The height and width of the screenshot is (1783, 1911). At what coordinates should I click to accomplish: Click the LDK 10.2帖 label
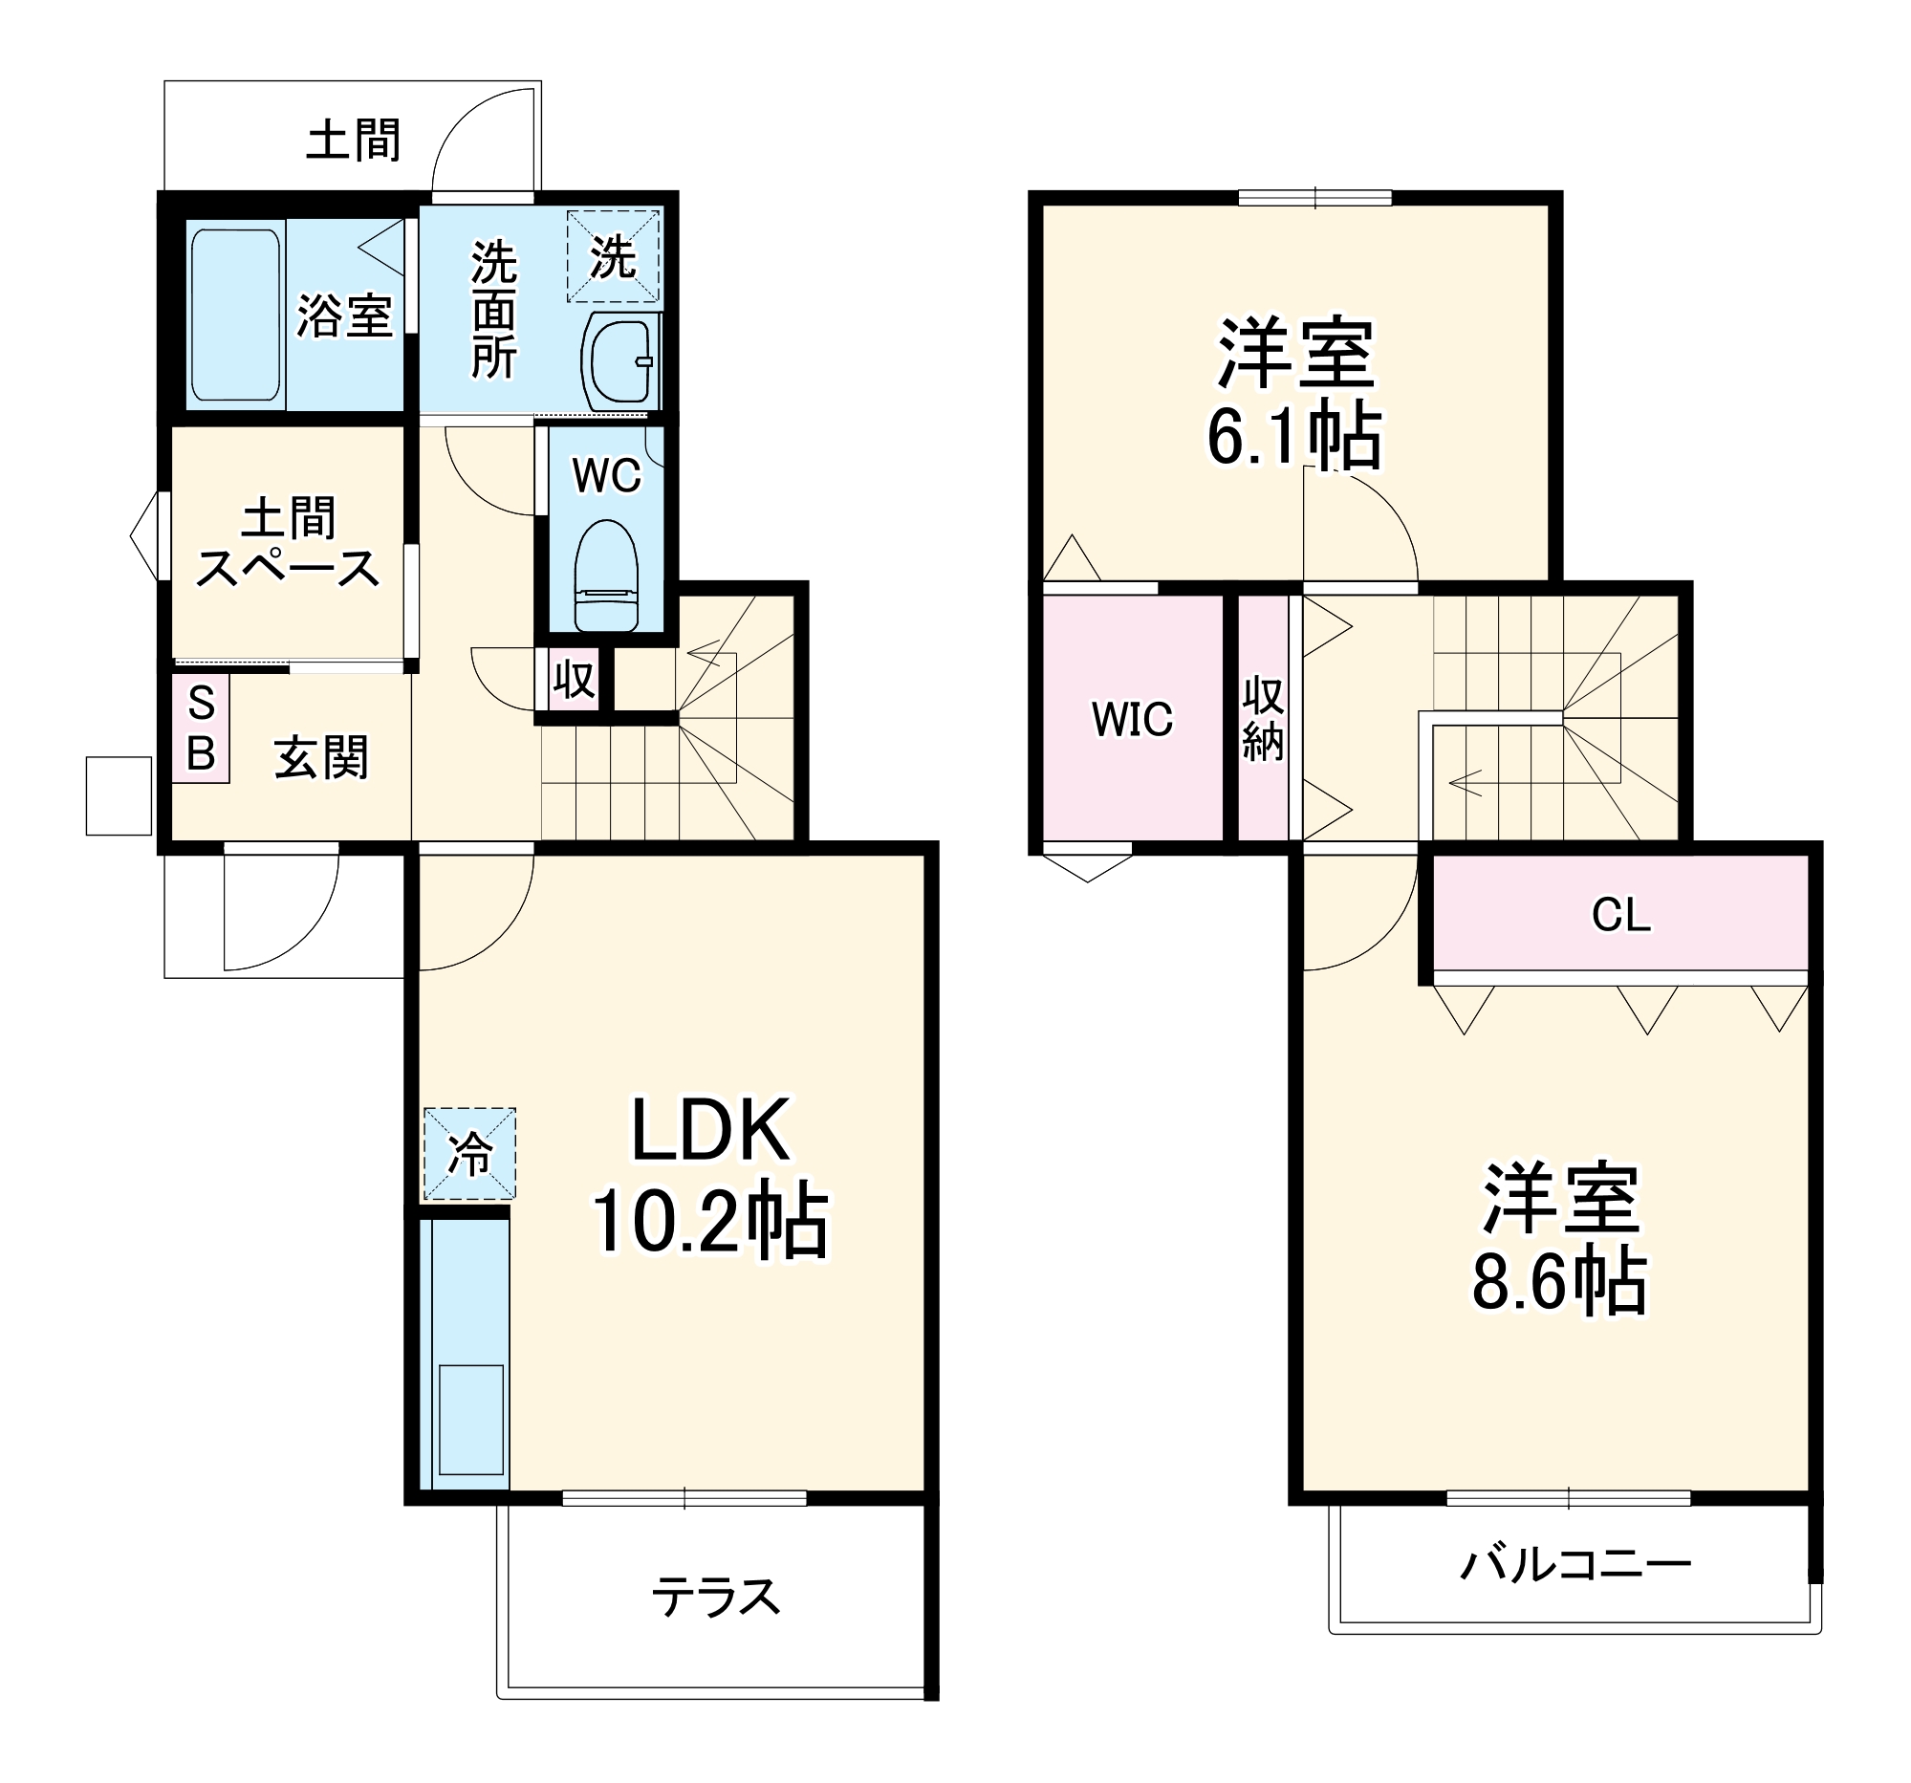pyautogui.click(x=710, y=1177)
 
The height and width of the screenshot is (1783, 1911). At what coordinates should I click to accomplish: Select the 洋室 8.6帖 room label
pyautogui.click(x=1559, y=1240)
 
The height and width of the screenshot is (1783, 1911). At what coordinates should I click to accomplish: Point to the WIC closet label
pyautogui.click(x=1133, y=719)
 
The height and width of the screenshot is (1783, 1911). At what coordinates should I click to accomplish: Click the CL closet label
pyautogui.click(x=1620, y=915)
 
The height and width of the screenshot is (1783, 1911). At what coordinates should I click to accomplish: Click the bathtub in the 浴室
pyautogui.click(x=235, y=315)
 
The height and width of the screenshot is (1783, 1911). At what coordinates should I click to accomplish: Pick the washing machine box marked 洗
pyautogui.click(x=614, y=256)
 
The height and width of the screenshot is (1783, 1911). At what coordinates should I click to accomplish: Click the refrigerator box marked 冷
pyautogui.click(x=470, y=1153)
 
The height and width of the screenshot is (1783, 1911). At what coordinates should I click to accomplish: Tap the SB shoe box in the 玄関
pyautogui.click(x=201, y=728)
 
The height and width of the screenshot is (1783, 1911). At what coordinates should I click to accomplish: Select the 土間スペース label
pyautogui.click(x=288, y=543)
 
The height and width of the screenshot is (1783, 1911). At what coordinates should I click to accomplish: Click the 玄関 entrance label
pyautogui.click(x=321, y=757)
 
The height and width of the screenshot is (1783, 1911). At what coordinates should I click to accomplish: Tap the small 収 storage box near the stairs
pyautogui.click(x=574, y=681)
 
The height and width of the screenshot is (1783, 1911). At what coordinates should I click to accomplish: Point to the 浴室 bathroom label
pyautogui.click(x=344, y=315)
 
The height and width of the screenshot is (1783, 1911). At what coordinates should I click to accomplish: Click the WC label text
pyautogui.click(x=606, y=475)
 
